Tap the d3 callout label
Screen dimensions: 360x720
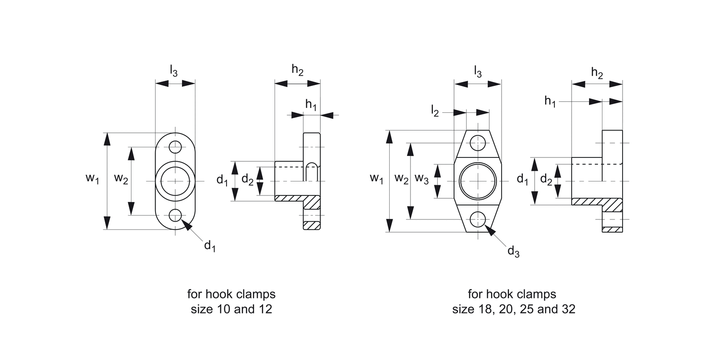[x=513, y=251]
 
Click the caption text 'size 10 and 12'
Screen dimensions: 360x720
[x=231, y=309]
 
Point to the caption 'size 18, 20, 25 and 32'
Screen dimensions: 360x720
[x=513, y=309]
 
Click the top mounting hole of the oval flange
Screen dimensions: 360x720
[x=175, y=146]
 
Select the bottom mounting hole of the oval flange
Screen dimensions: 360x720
[x=175, y=215]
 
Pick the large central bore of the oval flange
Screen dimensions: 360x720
[x=175, y=181]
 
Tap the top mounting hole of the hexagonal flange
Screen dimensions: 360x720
[x=478, y=143]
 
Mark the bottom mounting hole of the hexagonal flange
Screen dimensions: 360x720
[x=478, y=219]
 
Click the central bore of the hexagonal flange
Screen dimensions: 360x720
[x=478, y=181]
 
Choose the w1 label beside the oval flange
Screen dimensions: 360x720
[x=92, y=179]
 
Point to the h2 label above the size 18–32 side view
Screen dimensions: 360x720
[x=597, y=73]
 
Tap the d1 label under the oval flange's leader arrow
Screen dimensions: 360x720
[x=210, y=246]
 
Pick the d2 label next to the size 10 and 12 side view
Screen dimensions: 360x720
[x=247, y=180]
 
